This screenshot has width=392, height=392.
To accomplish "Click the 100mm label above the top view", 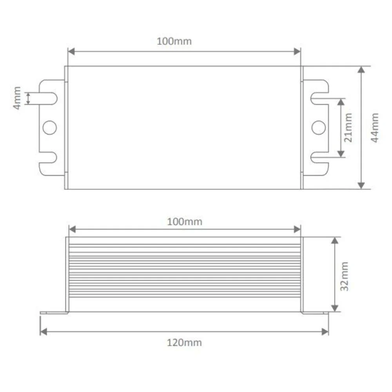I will pos(174,41).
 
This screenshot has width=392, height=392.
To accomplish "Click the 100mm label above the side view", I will pos(185,221).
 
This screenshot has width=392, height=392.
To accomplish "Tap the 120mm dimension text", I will pos(185,343).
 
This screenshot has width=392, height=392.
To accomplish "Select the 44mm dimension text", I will pos(375,127).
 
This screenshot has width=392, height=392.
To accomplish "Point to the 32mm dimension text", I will pos(345,276).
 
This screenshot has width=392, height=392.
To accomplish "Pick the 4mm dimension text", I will pos(17,98).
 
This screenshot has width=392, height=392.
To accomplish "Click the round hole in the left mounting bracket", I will pos(50,127).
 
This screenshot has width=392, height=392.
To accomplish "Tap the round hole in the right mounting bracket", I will pos(318,127).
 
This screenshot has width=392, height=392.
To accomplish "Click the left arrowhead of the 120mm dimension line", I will pos(44,332).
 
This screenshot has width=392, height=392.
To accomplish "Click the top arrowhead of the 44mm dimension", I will pos(361,70).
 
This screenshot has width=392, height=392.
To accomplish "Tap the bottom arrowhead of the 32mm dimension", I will pos(334,309).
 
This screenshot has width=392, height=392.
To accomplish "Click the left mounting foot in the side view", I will pos(54,312).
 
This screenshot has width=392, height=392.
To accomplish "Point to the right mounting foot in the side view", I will pos(315,312).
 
